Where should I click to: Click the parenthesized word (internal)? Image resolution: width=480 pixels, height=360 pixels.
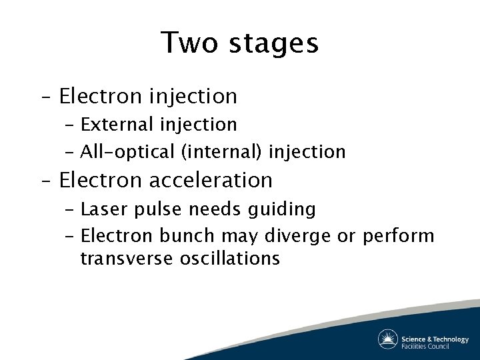pos(222,152)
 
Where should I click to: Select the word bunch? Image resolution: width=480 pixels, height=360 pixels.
pos(188,236)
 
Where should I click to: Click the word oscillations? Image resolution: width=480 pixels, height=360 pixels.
pos(230,259)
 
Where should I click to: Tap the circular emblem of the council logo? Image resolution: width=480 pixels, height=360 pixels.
pos(388,339)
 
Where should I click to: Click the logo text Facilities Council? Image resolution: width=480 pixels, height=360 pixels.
pos(425,346)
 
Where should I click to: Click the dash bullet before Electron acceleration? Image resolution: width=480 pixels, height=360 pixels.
pos(45,181)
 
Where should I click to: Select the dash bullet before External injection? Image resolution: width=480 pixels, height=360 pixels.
pos(70,125)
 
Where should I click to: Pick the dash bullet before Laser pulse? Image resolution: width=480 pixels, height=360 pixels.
pos(70,210)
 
